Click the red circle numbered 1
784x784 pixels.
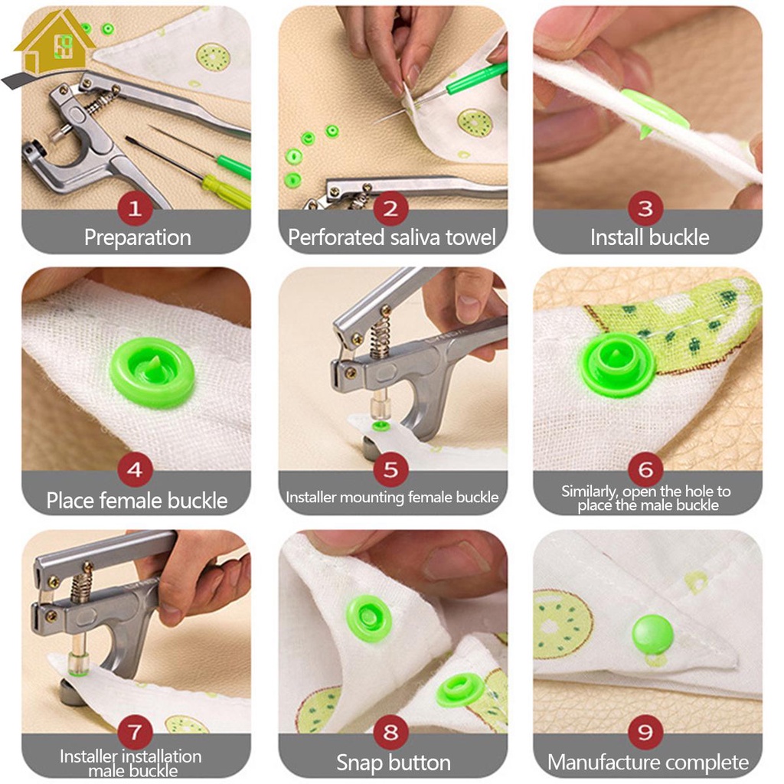(135, 208)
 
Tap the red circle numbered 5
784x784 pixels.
(391, 469)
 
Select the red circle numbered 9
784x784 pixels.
(645, 732)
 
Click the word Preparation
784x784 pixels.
(138, 237)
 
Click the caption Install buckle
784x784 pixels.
(649, 237)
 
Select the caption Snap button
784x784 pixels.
(394, 763)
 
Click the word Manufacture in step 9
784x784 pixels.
(603, 763)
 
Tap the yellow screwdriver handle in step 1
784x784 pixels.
(226, 191)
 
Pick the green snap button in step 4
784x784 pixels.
(152, 372)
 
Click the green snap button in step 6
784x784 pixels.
(618, 364)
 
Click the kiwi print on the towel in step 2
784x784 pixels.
(475, 123)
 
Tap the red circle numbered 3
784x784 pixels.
(645, 208)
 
